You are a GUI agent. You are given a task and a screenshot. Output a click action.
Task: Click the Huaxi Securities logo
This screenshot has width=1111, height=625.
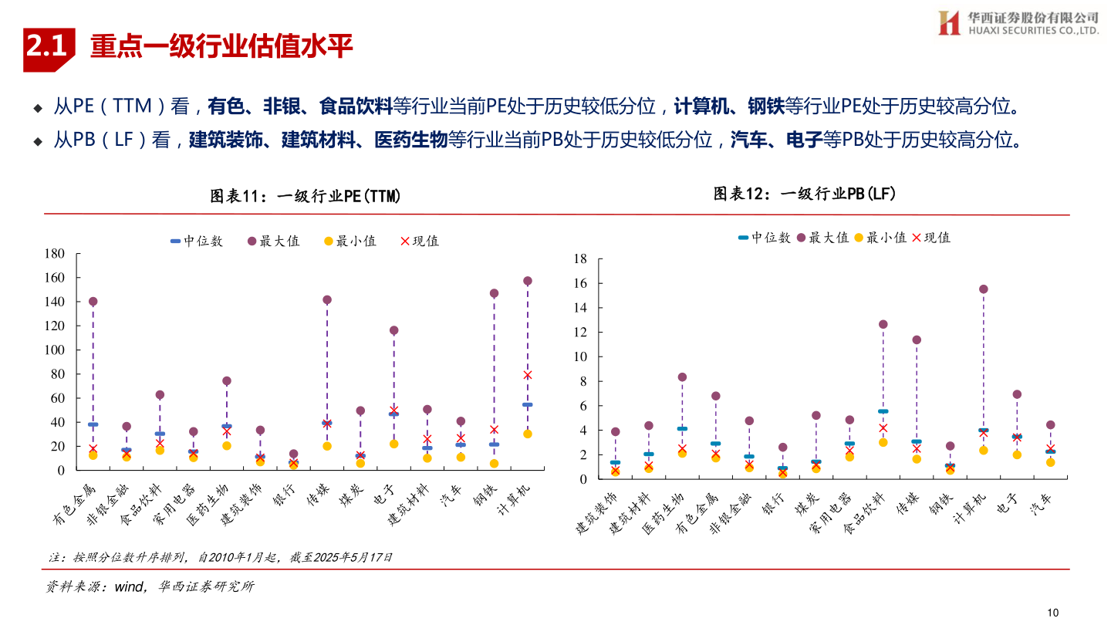click(x=1018, y=22)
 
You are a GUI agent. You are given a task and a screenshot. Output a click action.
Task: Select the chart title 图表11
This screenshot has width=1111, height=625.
click(x=306, y=197)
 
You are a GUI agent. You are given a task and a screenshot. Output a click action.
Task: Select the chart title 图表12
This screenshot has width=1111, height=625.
click(x=805, y=194)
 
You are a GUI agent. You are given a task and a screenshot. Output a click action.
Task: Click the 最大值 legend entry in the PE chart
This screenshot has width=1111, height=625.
click(x=273, y=242)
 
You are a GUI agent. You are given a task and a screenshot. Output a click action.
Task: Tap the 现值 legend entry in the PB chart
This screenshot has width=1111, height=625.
click(x=931, y=238)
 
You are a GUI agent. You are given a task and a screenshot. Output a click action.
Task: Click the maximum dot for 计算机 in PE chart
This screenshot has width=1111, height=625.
click(x=528, y=281)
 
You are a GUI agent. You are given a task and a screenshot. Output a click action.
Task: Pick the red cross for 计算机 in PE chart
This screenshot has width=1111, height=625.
click(x=528, y=375)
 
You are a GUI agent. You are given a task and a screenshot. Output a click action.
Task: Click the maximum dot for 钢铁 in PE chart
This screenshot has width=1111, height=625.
click(x=494, y=293)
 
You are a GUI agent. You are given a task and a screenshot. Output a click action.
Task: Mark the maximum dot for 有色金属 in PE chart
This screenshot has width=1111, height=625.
click(x=93, y=302)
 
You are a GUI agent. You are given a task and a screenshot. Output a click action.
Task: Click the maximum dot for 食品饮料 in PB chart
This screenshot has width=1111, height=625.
click(x=883, y=324)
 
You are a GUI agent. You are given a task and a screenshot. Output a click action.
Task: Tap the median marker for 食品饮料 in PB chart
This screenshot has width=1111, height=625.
click(x=883, y=411)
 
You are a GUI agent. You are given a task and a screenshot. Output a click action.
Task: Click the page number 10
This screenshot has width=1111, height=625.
click(x=1053, y=612)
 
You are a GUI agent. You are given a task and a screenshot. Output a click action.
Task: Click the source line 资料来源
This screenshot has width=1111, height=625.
click(x=149, y=587)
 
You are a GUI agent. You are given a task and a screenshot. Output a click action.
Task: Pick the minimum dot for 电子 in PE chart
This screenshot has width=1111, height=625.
click(x=393, y=444)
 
